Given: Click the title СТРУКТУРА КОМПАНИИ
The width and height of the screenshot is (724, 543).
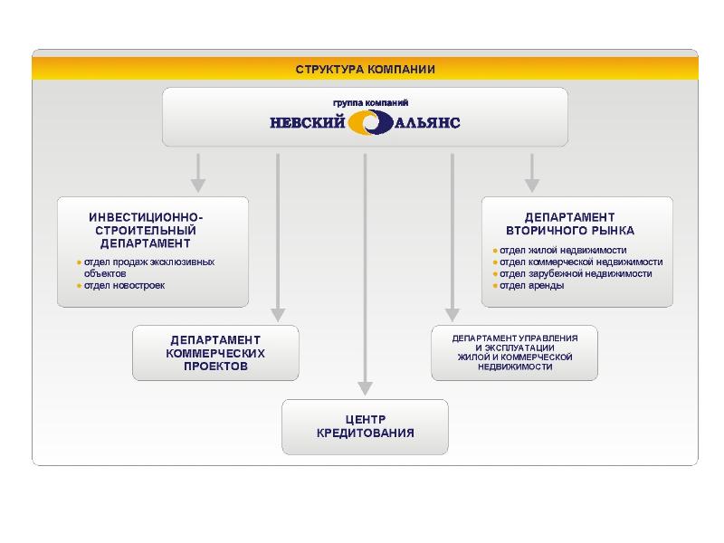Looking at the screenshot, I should [x=365, y=69].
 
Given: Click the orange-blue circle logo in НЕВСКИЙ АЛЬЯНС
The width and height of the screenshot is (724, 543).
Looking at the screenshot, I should [x=370, y=122].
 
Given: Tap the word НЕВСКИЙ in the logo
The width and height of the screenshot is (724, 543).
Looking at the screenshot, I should [x=308, y=122].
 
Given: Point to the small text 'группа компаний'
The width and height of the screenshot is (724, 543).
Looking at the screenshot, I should [x=365, y=102].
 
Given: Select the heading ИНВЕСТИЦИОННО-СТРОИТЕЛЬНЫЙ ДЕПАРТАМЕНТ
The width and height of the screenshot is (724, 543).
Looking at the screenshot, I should [x=146, y=231].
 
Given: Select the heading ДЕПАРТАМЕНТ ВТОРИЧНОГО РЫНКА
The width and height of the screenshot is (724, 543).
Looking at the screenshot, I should [x=570, y=224].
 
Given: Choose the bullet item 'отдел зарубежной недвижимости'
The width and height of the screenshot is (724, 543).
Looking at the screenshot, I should [x=576, y=274].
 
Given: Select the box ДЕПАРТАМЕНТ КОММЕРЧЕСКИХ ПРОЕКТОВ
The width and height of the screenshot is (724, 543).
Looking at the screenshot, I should [x=215, y=353].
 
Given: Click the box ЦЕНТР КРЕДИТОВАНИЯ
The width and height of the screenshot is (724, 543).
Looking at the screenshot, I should [x=365, y=426].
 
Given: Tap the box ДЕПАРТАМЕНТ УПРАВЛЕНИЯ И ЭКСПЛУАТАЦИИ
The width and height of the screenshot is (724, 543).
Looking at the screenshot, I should [x=514, y=352].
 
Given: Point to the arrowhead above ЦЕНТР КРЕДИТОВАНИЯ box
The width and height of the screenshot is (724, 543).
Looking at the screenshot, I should [x=365, y=388].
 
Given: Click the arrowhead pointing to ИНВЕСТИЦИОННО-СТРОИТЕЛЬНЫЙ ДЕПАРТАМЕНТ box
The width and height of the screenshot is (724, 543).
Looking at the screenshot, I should [x=198, y=185].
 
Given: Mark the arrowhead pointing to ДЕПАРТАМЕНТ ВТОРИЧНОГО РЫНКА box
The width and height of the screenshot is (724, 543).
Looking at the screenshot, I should [x=532, y=185].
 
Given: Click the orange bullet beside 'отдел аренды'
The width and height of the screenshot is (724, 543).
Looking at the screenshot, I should [x=495, y=286].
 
